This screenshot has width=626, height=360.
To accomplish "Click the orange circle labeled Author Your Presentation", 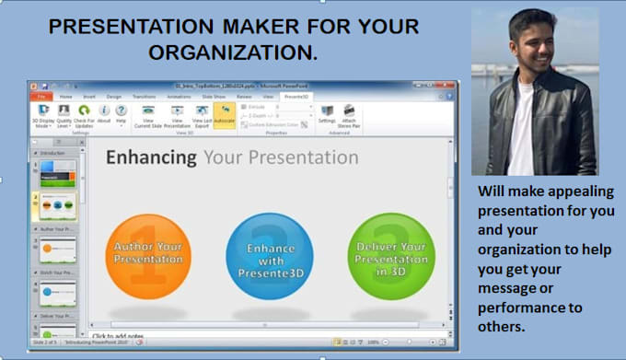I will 148,254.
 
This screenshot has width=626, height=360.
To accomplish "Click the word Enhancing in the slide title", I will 150,157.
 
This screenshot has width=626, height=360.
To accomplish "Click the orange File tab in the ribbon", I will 41,96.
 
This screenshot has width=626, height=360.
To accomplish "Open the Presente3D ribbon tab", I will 296,96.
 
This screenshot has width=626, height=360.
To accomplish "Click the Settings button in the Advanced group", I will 327,114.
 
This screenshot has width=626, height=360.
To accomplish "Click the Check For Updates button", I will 84,115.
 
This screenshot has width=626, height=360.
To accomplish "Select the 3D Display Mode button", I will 43,115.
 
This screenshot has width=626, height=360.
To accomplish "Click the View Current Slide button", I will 148,115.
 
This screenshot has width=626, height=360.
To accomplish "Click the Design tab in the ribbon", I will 114,96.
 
